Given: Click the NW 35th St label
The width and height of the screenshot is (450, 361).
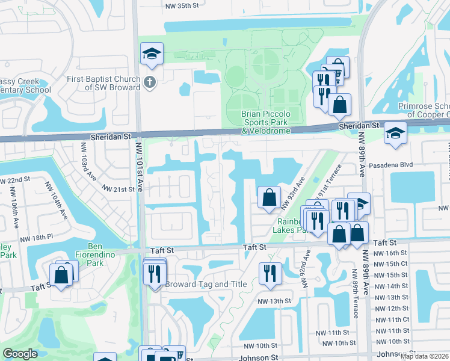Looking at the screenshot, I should (x=185, y=5).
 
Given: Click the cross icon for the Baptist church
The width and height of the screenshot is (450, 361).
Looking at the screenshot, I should (x=150, y=82).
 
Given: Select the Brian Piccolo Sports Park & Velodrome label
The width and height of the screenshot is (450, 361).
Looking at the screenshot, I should (x=265, y=122).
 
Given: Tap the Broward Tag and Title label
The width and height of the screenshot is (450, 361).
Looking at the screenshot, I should (x=198, y=284).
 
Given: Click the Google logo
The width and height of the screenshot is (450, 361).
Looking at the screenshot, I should (x=20, y=354).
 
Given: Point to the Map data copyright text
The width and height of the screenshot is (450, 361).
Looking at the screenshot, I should (x=424, y=356).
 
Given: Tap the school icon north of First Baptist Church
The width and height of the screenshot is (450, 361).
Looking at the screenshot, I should (x=152, y=54).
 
